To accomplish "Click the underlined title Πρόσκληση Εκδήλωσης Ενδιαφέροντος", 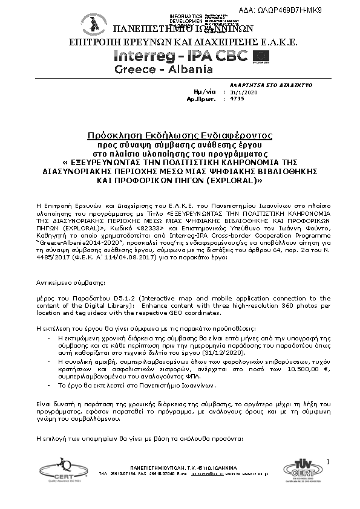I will click(x=179, y=134).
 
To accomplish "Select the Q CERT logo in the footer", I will click(x=57, y=469).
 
